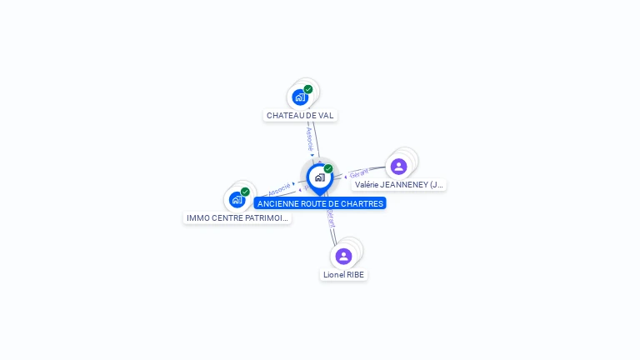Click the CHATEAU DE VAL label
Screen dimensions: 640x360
coord(300,115)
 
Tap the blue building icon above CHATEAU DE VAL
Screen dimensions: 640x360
coord(300,97)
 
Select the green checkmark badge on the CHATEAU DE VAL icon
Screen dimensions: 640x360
coord(308,89)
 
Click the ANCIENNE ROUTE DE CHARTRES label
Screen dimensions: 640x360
coord(320,203)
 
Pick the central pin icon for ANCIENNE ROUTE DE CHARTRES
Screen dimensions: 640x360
coord(319,177)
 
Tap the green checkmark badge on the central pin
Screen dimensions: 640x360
coord(328,169)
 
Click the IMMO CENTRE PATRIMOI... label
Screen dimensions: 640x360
coord(237,217)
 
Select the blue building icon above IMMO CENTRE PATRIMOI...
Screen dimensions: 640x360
coord(237,200)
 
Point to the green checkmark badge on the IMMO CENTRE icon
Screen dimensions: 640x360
coord(245,192)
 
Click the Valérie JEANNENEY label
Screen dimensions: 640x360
coord(399,184)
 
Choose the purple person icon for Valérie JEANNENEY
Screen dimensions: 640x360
coord(399,167)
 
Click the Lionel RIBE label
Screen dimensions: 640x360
coord(343,274)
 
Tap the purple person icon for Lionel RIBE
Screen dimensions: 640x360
coord(343,256)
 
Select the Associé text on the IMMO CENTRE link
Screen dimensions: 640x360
coord(279,189)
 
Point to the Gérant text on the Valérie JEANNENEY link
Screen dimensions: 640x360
coord(359,173)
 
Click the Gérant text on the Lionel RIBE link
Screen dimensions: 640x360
coord(331,218)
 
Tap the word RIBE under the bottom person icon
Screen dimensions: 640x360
coord(356,274)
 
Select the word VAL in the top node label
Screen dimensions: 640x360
coord(326,115)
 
